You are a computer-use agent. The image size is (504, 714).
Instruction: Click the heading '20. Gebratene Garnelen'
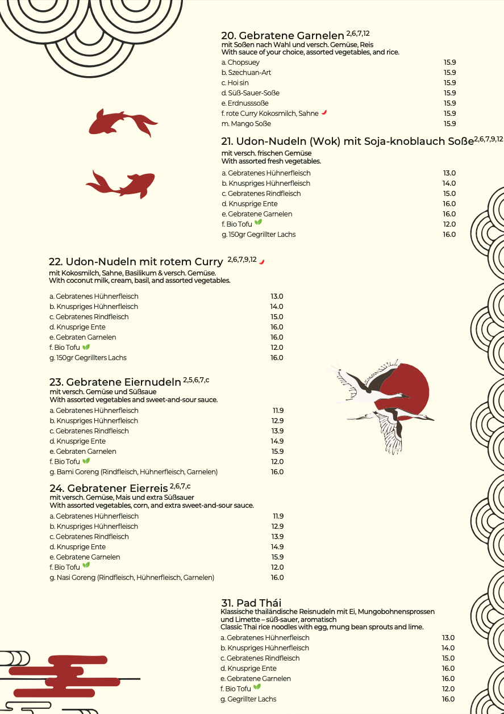[282, 35]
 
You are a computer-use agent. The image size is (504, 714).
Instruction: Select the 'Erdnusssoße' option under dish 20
[245, 103]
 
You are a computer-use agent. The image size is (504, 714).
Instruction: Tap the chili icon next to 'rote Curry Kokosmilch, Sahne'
[324, 112]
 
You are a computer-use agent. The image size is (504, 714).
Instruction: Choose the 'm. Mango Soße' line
[246, 124]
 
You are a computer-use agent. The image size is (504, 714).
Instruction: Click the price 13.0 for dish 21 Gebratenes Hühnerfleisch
[449, 173]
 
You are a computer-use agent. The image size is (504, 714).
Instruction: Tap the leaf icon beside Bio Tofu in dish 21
[258, 223]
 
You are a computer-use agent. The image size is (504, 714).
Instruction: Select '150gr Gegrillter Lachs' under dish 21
[259, 235]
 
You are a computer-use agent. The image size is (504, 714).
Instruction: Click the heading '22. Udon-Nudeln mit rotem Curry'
[136, 262]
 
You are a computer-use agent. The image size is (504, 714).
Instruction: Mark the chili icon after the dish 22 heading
[262, 261]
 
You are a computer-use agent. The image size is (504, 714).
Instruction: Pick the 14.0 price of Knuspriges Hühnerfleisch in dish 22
[276, 307]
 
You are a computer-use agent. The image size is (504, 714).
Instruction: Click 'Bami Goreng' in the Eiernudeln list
[134, 472]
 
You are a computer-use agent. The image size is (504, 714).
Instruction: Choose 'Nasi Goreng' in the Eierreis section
[132, 578]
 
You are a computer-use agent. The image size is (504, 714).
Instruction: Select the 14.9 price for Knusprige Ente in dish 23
[277, 441]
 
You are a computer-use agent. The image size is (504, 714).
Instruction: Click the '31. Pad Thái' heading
[251, 603]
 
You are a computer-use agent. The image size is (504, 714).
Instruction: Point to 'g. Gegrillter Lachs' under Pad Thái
[248, 699]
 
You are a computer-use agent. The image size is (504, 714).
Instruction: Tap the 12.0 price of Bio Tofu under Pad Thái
[448, 689]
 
